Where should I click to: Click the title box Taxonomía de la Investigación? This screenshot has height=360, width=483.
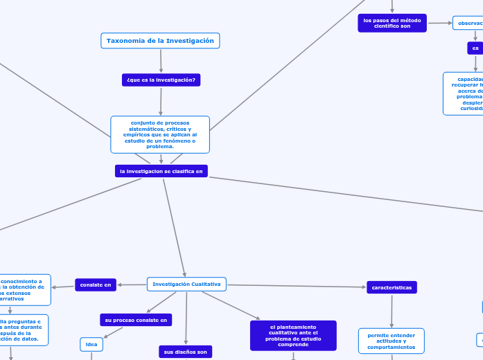pyautogui.click(x=160, y=41)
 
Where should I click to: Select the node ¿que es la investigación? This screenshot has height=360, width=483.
pyautogui.click(x=161, y=80)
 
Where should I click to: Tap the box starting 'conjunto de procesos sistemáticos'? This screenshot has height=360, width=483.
pyautogui.click(x=160, y=134)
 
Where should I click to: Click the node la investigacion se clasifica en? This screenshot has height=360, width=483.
pyautogui.click(x=161, y=170)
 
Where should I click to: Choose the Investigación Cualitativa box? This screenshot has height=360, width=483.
pyautogui.click(x=186, y=284)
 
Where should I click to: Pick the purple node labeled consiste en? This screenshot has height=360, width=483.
pyautogui.click(x=96, y=285)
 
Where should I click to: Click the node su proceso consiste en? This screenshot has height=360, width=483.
pyautogui.click(x=136, y=320)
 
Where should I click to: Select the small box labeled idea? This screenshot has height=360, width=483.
pyautogui.click(x=91, y=344)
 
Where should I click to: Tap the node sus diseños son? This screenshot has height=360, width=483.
pyautogui.click(x=186, y=352)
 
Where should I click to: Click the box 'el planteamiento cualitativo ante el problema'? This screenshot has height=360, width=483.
pyautogui.click(x=293, y=335)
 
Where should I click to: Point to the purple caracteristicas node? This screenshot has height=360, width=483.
pyautogui.click(x=392, y=287)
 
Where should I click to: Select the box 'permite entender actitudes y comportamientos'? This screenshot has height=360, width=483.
pyautogui.click(x=392, y=341)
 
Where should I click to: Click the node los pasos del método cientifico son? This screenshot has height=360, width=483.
pyautogui.click(x=392, y=23)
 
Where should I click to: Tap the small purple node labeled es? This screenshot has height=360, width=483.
pyautogui.click(x=475, y=48)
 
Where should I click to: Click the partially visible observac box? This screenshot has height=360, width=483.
pyautogui.click(x=468, y=23)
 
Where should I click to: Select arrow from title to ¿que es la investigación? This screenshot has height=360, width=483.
pyautogui.click(x=161, y=61)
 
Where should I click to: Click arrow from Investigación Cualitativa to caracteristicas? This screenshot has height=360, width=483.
pyautogui.click(x=297, y=286)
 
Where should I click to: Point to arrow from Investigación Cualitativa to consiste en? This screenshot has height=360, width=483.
pyautogui.click(x=132, y=284)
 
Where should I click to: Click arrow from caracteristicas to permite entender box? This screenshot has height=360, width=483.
pyautogui.click(x=392, y=311)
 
